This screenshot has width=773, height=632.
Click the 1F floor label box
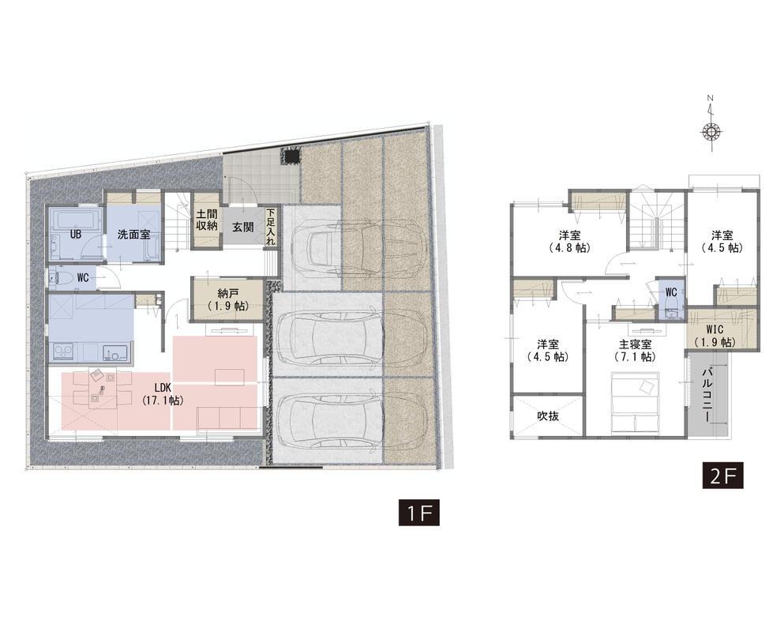pyautogui.click(x=418, y=513)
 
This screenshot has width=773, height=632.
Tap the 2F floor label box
pyautogui.click(x=722, y=476)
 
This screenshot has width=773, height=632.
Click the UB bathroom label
pyautogui.click(x=76, y=235)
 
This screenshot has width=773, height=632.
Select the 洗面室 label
pyautogui.click(x=133, y=235)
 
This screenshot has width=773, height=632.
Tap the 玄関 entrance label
pyautogui.click(x=243, y=227)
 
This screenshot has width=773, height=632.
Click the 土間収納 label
pyautogui.click(x=207, y=220)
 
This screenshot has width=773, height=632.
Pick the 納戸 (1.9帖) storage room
pyautogui.click(x=227, y=299)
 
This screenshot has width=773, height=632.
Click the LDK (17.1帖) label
pyautogui.click(x=163, y=394)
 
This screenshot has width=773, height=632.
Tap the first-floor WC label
pyautogui.click(x=83, y=278)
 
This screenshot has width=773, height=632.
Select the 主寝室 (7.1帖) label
pyautogui.click(x=635, y=350)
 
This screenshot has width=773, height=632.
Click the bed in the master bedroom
pyautogui.click(x=635, y=401)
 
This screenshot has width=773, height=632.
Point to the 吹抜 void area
pyautogui.click(x=549, y=416)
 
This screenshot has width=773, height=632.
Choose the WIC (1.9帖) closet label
pyautogui.click(x=715, y=336)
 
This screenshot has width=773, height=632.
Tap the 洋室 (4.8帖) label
pyautogui.click(x=569, y=241)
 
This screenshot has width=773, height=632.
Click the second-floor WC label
pyautogui.click(x=671, y=292)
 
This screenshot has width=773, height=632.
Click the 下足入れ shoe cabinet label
pyautogui.click(x=271, y=227)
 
